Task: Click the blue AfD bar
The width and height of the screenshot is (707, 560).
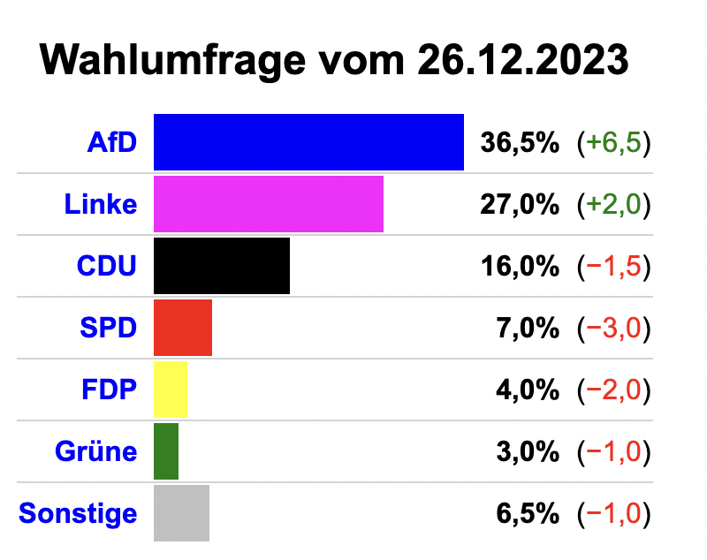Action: pyautogui.click(x=308, y=142)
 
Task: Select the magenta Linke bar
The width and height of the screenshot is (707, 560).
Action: pyautogui.click(x=269, y=204)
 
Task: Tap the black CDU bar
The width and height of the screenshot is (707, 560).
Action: pyautogui.click(x=222, y=266)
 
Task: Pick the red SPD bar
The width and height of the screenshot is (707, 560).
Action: pyautogui.click(x=183, y=328)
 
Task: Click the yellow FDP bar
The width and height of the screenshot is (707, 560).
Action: pyautogui.click(x=171, y=390)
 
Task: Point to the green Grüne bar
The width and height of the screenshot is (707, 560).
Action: pyautogui.click(x=166, y=451)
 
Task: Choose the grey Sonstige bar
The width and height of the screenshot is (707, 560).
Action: pyautogui.click(x=181, y=513)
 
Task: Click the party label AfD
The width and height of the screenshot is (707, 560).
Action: pyautogui.click(x=112, y=142)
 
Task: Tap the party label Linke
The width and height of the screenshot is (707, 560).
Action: pyautogui.click(x=101, y=204)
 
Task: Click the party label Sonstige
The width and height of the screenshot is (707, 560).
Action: pyautogui.click(x=78, y=513)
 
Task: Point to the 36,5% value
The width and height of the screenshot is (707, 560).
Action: pyautogui.click(x=520, y=142)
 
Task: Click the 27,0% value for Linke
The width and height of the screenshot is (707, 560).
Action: pyautogui.click(x=520, y=204)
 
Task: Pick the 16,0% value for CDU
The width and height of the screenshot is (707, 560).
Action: pyautogui.click(x=520, y=266)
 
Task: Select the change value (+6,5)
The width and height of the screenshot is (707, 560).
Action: pyautogui.click(x=613, y=142)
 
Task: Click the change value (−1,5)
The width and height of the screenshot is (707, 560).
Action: pyautogui.click(x=613, y=266)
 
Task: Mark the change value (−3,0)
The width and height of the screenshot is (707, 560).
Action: pyautogui.click(x=613, y=328)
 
